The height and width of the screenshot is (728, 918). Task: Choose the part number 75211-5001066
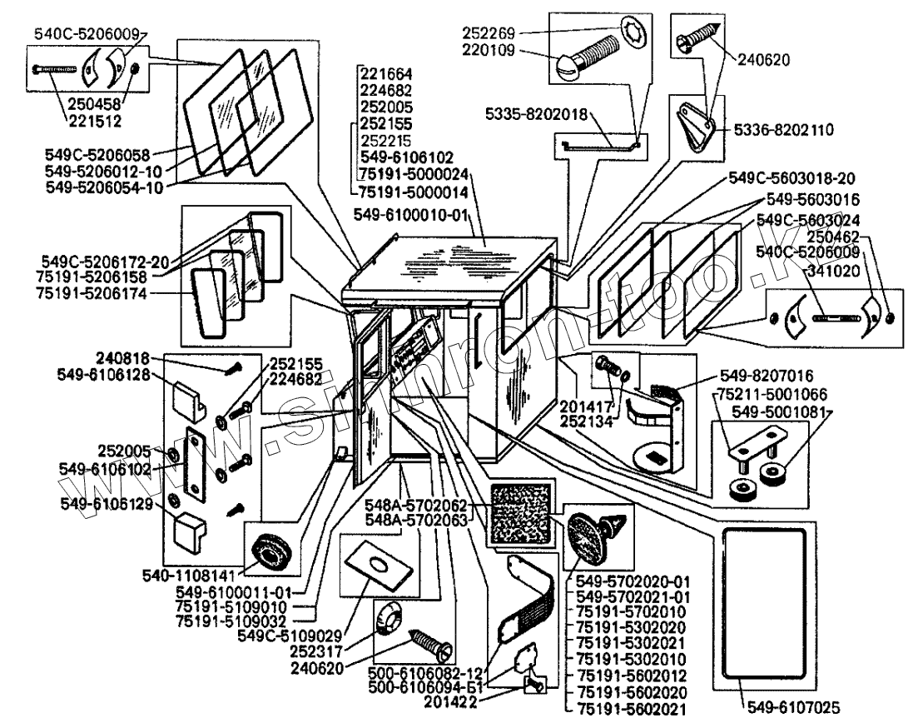pos(761,394)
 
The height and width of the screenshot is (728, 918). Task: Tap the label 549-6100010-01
pos(413,214)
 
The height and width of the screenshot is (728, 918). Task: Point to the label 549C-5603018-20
pos(791,178)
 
